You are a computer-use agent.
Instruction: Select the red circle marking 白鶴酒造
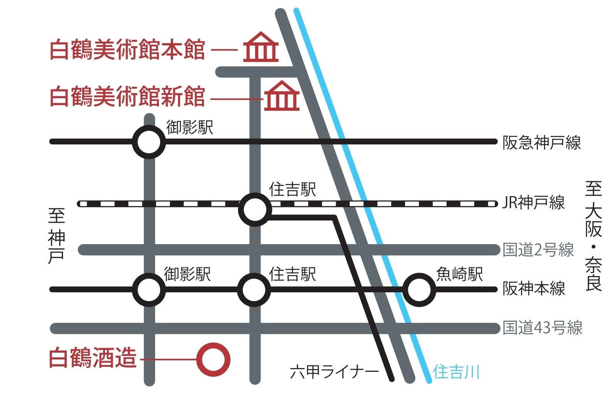pyautogui.click(x=214, y=359)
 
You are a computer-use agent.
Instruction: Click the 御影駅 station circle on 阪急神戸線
pyautogui.click(x=149, y=142)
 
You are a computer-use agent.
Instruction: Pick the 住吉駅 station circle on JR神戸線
pyautogui.click(x=255, y=209)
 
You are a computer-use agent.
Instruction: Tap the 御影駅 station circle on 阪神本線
pyautogui.click(x=149, y=290)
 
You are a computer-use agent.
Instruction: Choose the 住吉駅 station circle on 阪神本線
pyautogui.click(x=254, y=290)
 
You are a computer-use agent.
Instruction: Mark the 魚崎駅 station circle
pyautogui.click(x=419, y=290)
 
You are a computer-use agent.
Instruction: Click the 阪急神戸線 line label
pyautogui.click(x=541, y=143)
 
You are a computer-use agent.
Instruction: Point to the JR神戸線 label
pyautogui.click(x=533, y=203)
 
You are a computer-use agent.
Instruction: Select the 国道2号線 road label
pyautogui.click(x=538, y=250)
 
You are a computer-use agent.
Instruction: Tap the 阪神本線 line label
pyautogui.click(x=534, y=288)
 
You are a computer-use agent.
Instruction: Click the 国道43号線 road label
pyautogui.click(x=542, y=328)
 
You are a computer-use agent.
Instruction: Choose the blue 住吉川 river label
pyautogui.click(x=456, y=372)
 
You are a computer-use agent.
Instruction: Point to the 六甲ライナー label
pyautogui.click(x=334, y=372)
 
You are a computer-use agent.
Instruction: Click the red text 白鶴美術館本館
pyautogui.click(x=128, y=50)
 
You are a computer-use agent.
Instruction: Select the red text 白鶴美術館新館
pyautogui.click(x=128, y=96)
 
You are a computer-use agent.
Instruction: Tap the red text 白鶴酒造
pyautogui.click(x=93, y=358)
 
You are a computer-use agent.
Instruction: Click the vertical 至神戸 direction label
pyautogui.click(x=57, y=236)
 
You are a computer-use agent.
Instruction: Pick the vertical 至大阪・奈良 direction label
pyautogui.click(x=593, y=236)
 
